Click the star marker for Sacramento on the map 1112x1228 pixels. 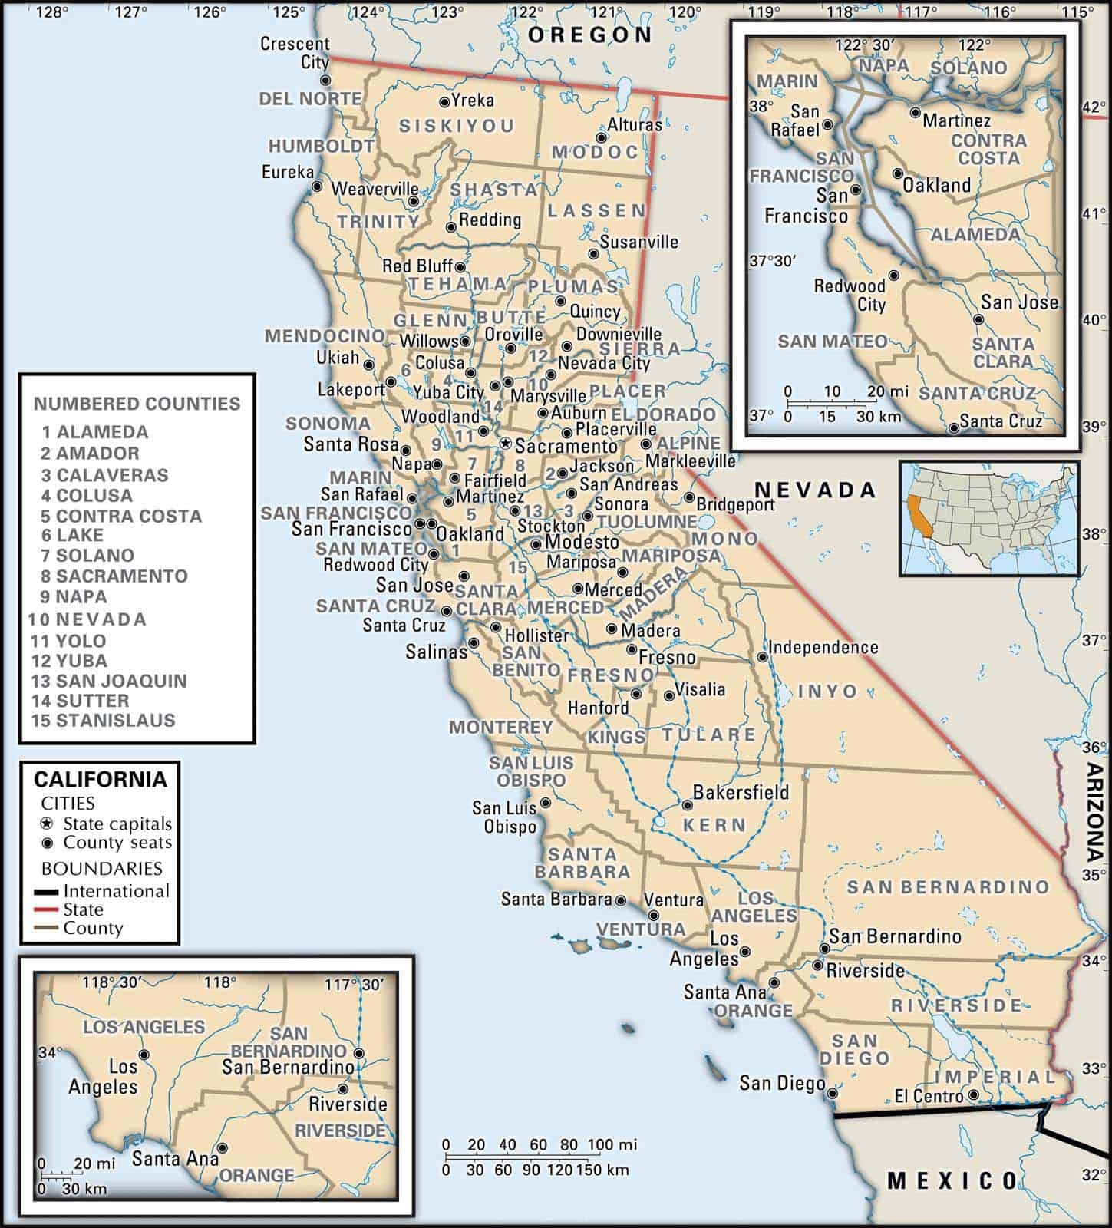(x=505, y=444)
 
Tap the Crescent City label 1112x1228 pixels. (x=295, y=52)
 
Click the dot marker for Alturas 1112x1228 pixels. (x=601, y=138)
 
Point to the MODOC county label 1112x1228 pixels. (x=595, y=152)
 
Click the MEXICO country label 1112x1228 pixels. (x=952, y=1180)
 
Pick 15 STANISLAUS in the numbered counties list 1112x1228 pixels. (x=104, y=720)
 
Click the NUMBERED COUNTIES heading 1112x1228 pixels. (x=137, y=403)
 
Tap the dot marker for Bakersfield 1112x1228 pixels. (x=688, y=805)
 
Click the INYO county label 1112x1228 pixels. (x=828, y=691)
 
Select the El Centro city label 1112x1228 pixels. (x=929, y=1097)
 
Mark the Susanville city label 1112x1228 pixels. (x=638, y=242)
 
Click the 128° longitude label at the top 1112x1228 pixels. (x=52, y=12)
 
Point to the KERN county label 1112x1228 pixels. (x=714, y=825)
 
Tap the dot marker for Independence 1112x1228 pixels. (x=762, y=657)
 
